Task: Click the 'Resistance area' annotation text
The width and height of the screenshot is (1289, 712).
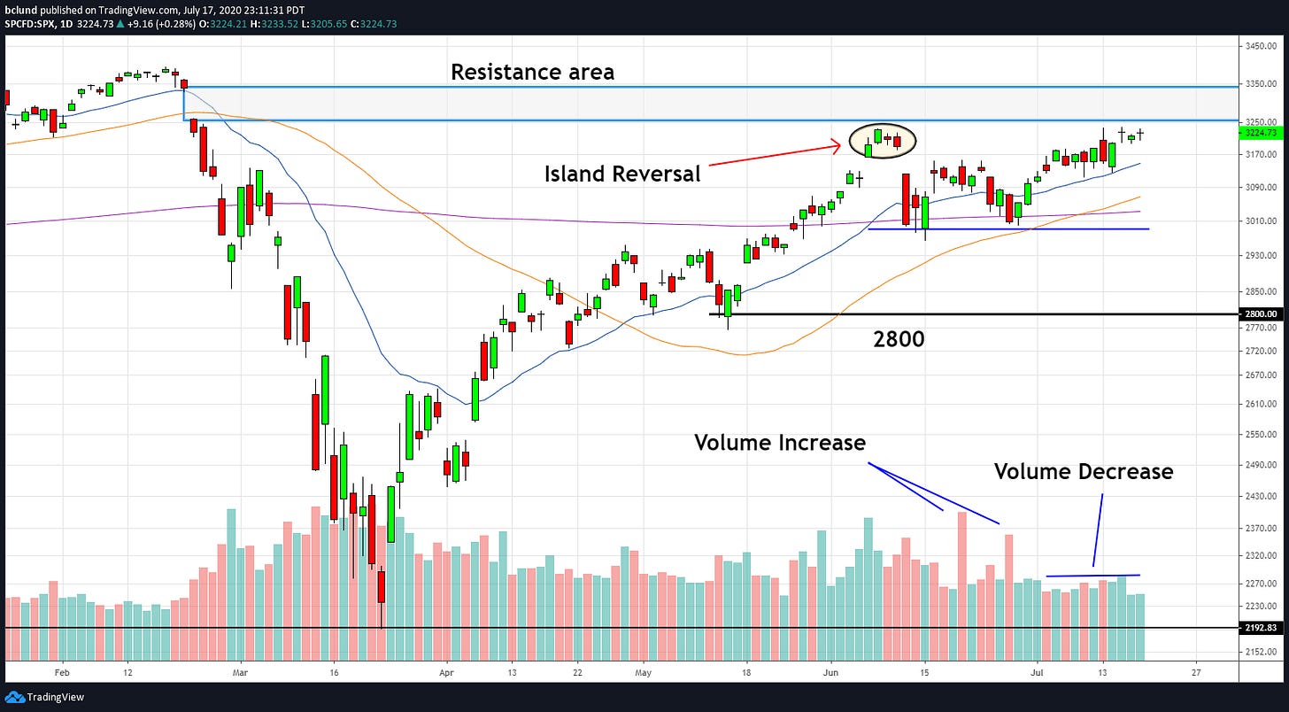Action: pos(532,72)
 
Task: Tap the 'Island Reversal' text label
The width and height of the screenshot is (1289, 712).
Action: pos(621,174)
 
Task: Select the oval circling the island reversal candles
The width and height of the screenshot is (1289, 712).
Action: pos(882,139)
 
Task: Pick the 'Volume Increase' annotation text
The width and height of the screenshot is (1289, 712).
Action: pos(779,442)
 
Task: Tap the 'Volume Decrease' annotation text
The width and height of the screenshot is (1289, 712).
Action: pos(1083,471)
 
